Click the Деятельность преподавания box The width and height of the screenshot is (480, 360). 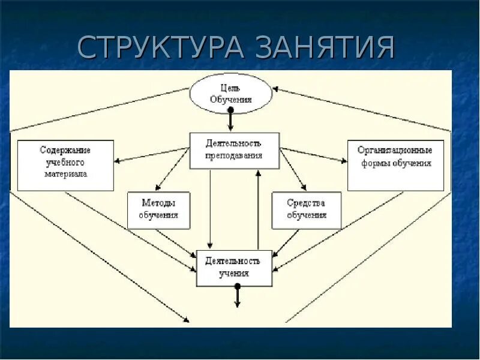pos(234,150)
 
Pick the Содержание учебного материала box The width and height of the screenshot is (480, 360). pos(65,165)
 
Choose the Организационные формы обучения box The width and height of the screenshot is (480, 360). pos(395,165)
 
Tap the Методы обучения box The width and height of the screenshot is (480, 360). pos(158,210)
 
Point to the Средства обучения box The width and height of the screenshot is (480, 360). pos(306,210)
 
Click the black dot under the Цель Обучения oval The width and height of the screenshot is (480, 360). pos(230,111)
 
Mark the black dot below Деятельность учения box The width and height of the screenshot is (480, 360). pos(238,287)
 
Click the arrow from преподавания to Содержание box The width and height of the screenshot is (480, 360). pos(150,155)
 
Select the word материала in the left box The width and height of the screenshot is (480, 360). pos(66,175)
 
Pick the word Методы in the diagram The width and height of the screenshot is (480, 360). pos(158,203)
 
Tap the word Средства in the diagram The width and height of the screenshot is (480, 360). pos(306,203)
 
